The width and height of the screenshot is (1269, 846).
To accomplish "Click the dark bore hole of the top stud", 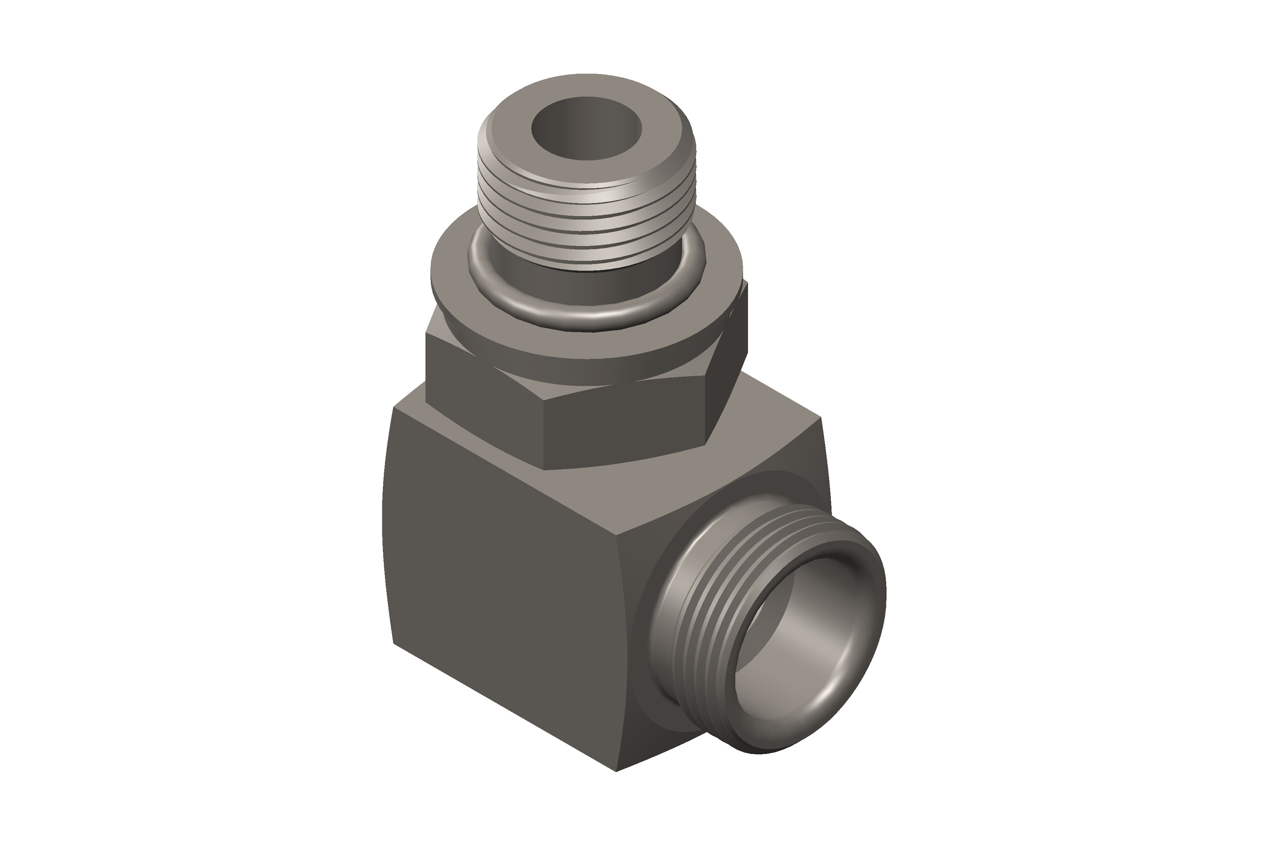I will (x=587, y=129).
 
